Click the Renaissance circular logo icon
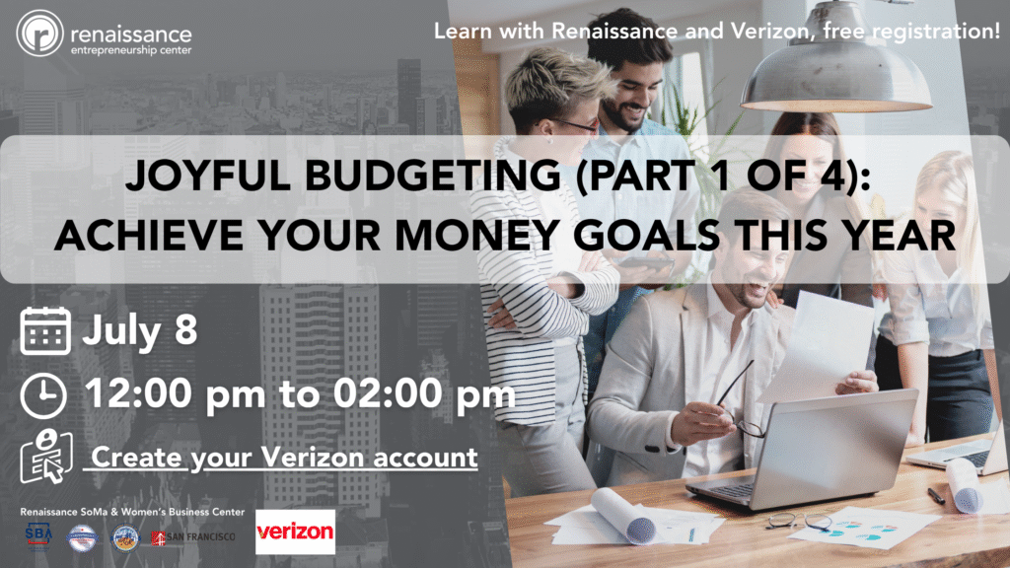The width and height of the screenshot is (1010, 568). click(40, 34)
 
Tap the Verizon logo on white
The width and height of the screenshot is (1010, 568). click(295, 532)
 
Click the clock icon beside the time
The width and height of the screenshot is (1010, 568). click(43, 395)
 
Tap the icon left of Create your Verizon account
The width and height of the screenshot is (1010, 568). click(43, 457)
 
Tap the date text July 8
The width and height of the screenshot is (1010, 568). click(139, 329)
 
